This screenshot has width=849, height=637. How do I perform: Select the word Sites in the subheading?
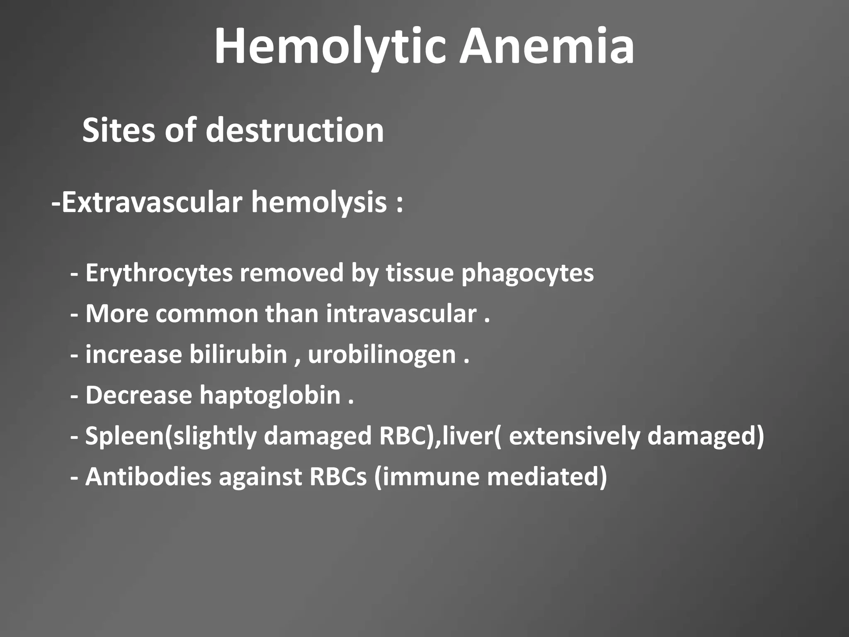[x=120, y=130]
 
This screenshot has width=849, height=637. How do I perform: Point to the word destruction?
[x=295, y=130]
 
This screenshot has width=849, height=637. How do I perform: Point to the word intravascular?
[x=401, y=314]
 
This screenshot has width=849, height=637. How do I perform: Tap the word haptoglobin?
[x=270, y=395]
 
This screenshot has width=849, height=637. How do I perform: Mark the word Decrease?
[x=138, y=395]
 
